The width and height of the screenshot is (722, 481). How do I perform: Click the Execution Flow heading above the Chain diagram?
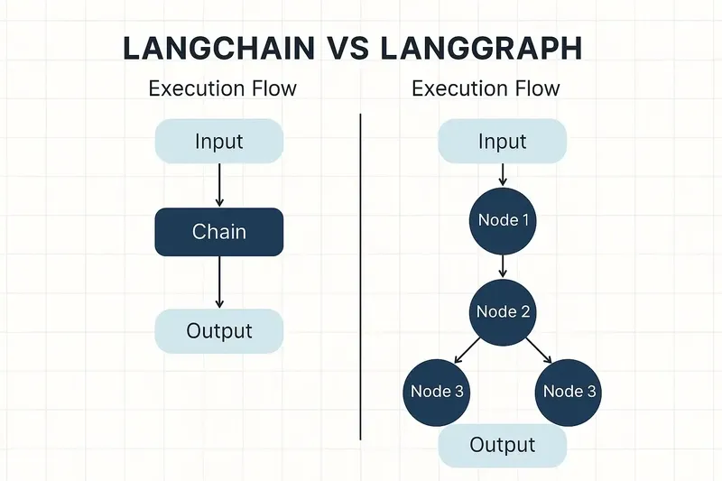click(x=222, y=88)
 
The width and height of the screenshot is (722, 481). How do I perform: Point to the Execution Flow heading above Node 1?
click(x=486, y=88)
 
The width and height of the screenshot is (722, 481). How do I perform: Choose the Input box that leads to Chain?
click(x=219, y=142)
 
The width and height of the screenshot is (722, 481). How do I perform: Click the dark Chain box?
click(x=219, y=231)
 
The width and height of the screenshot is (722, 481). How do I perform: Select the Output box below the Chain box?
click(x=219, y=330)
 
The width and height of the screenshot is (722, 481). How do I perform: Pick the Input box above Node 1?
click(x=502, y=142)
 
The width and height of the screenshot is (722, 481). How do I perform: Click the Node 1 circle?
click(x=502, y=219)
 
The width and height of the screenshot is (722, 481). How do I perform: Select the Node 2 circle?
click(x=503, y=312)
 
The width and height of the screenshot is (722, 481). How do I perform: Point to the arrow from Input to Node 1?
click(x=502, y=174)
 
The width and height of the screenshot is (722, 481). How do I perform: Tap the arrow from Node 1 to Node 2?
click(x=503, y=264)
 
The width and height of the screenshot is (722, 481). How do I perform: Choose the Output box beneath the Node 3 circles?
click(x=502, y=444)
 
